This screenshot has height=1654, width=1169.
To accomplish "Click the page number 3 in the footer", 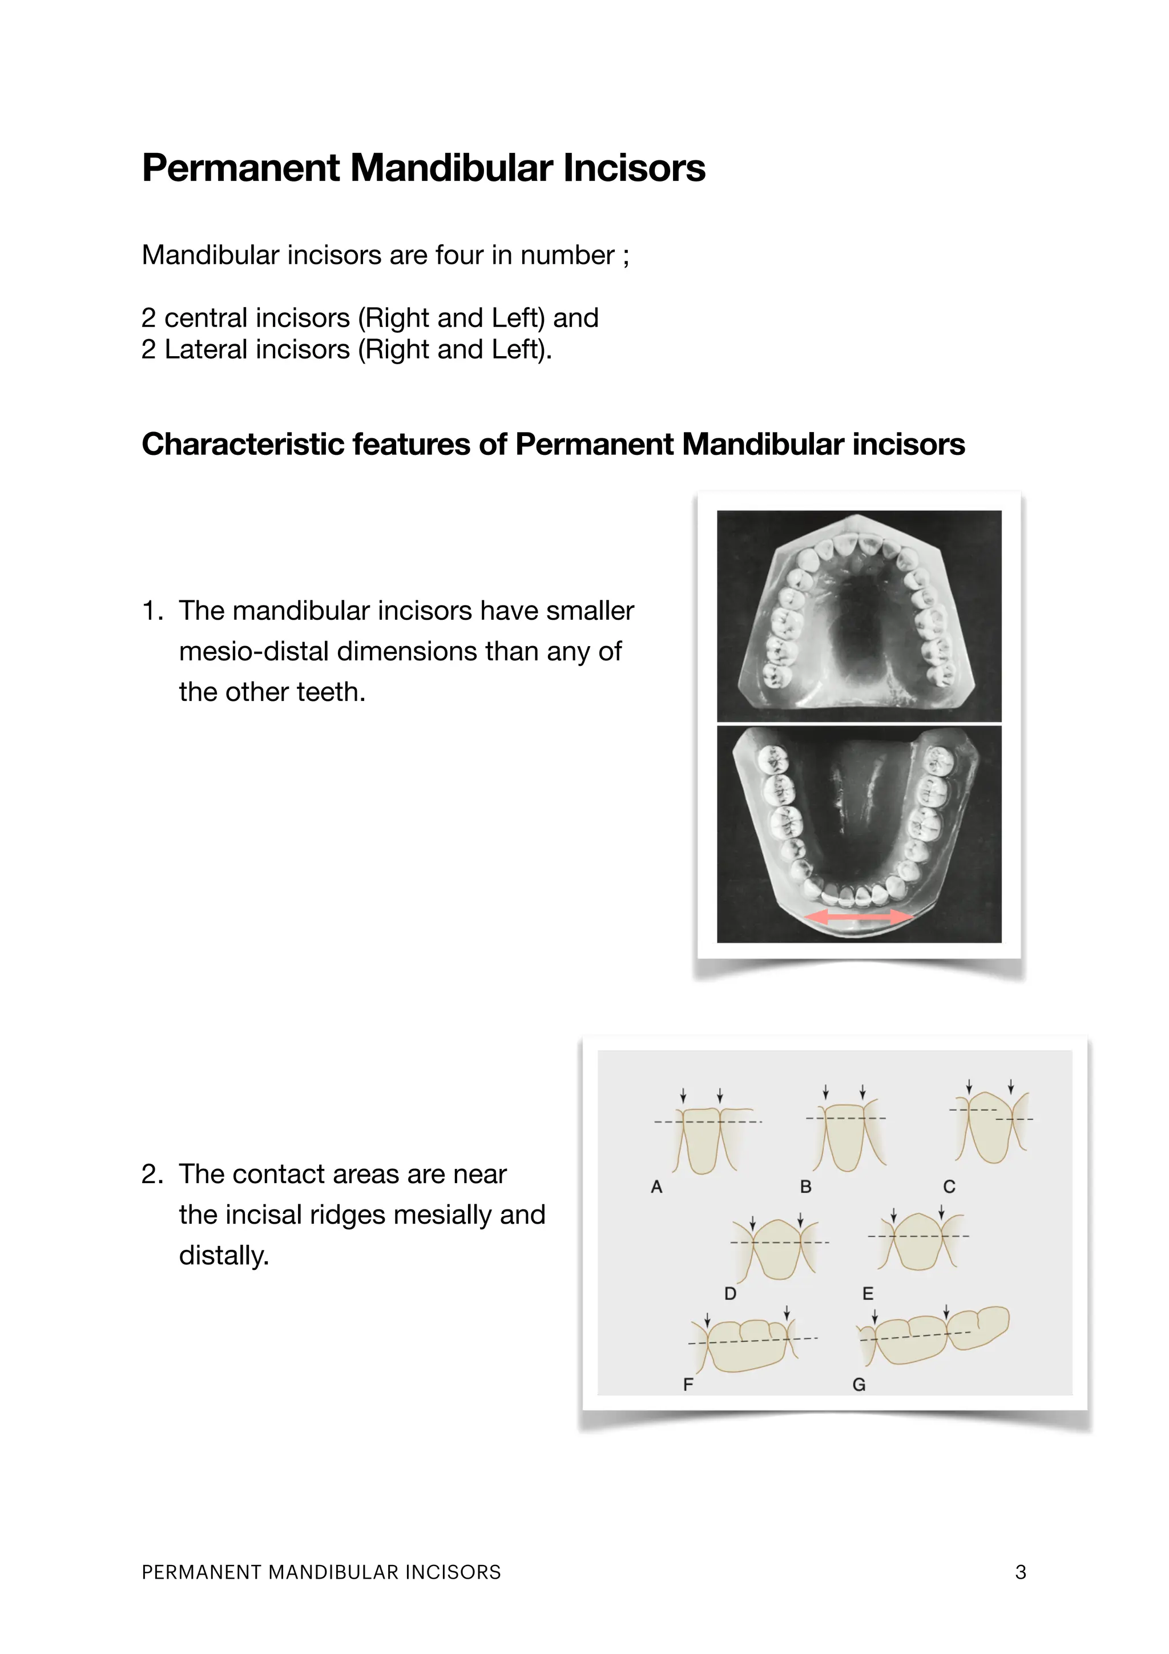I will [x=1020, y=1572].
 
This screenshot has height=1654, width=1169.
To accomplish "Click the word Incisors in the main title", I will [x=634, y=168].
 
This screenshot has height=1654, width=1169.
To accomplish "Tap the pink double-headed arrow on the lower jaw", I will [x=858, y=917].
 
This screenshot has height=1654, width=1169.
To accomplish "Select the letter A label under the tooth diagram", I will [x=656, y=1187].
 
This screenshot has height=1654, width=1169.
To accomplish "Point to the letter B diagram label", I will [x=806, y=1187].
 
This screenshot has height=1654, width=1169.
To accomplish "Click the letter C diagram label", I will [x=949, y=1187].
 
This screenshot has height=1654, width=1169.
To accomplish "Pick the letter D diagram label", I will [x=731, y=1294].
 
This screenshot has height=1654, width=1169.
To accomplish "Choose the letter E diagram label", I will [x=868, y=1294].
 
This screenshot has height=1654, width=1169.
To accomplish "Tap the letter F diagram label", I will [x=688, y=1384].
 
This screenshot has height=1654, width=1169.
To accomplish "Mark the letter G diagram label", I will [x=858, y=1385].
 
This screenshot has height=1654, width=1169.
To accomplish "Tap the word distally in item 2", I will [x=223, y=1255].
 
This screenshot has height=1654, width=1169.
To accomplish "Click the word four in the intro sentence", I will [x=459, y=255].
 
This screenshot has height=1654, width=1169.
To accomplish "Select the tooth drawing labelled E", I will [x=917, y=1241].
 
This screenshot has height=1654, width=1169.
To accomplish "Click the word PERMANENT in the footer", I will [x=201, y=1572].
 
